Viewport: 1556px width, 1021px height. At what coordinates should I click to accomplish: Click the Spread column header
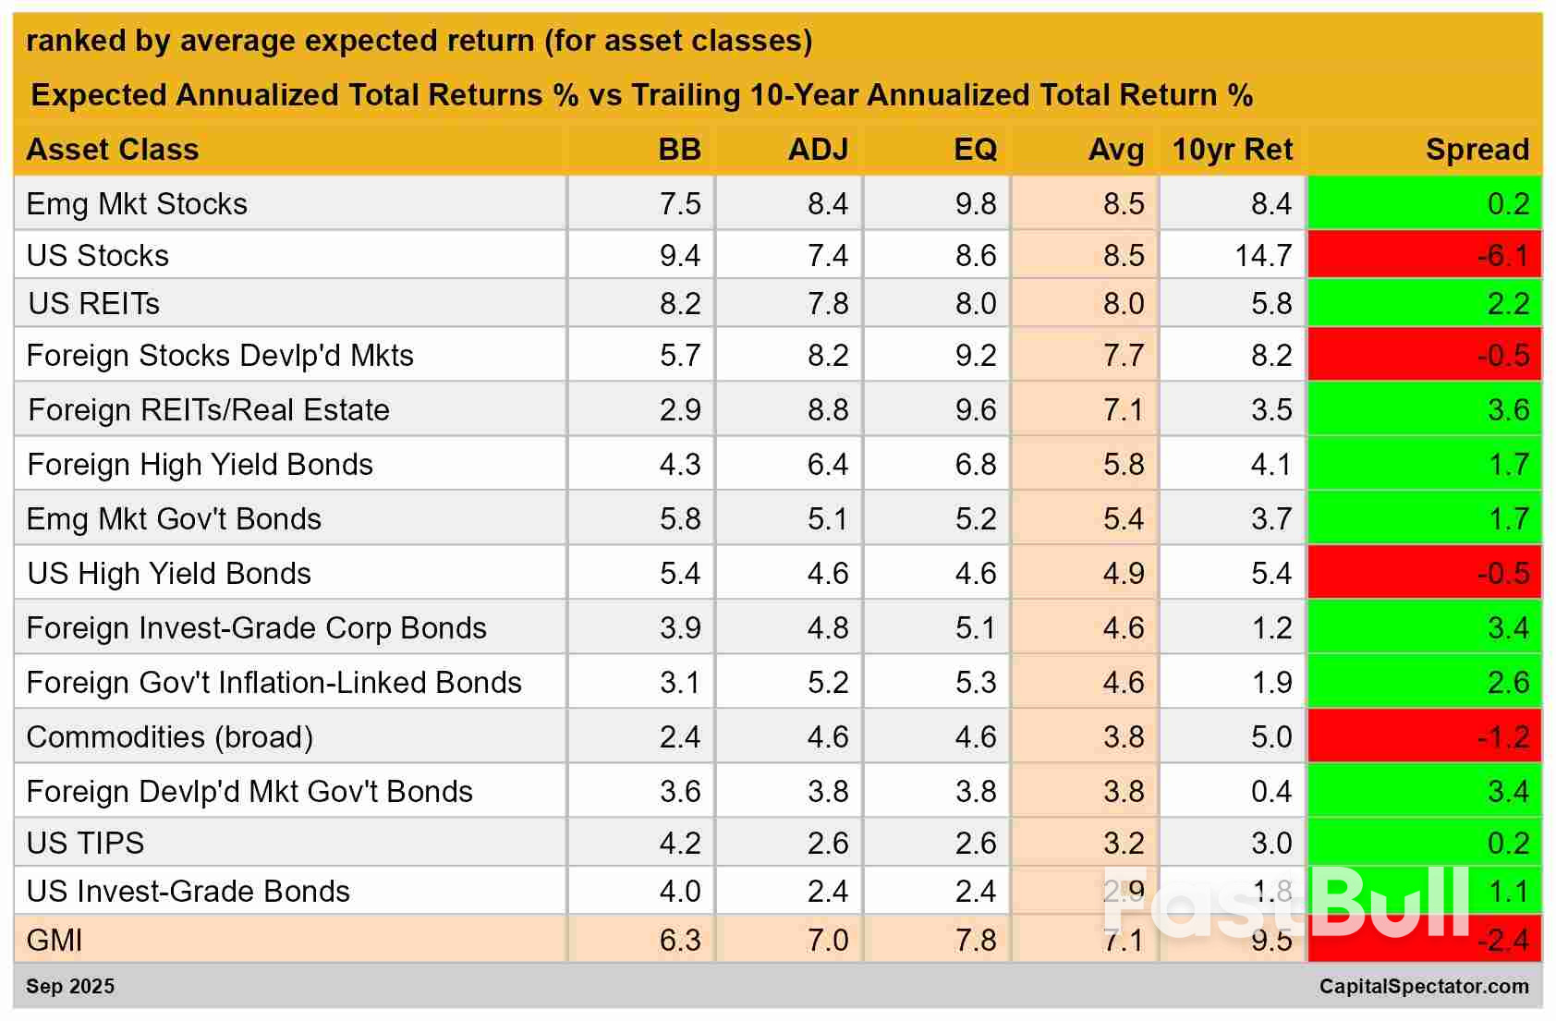click(1477, 150)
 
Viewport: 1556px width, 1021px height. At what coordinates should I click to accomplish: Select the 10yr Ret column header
click(1232, 150)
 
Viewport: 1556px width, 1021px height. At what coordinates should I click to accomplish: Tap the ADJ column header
click(818, 150)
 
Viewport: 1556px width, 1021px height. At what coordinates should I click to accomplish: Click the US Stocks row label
click(98, 255)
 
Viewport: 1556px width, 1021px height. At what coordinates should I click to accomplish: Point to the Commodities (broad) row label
click(170, 736)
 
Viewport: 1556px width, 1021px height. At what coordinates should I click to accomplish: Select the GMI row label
click(55, 940)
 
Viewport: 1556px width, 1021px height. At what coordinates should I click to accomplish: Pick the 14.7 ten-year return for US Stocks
click(1263, 255)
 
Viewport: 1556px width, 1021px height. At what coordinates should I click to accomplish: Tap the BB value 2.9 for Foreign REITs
click(680, 409)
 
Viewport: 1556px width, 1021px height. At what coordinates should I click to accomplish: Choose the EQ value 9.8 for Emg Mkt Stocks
click(976, 203)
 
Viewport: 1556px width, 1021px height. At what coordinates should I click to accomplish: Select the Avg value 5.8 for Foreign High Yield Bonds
click(1124, 464)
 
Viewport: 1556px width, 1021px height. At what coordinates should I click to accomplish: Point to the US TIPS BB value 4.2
click(680, 843)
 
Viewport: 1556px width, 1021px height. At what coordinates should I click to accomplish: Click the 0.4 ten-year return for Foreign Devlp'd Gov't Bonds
click(1271, 791)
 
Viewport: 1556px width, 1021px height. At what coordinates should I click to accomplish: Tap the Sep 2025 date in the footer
click(70, 986)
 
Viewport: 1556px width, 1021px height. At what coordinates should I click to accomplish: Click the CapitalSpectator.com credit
click(1423, 986)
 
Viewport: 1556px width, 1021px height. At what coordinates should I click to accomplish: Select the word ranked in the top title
click(63, 41)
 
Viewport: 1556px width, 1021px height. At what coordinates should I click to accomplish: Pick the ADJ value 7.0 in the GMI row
click(827, 940)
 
